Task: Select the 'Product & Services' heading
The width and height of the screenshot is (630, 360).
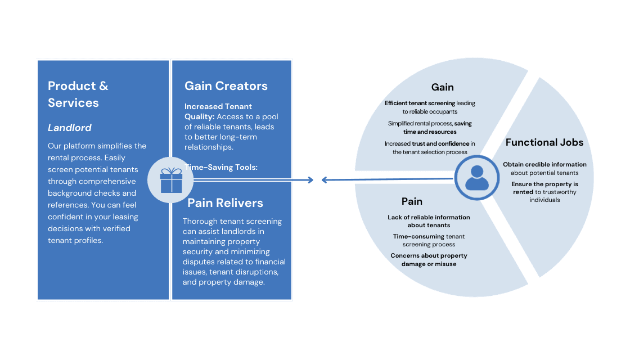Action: pos(78,94)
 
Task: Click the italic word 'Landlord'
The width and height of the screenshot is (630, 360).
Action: pos(69,128)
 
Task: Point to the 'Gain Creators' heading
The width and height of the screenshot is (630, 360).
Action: pos(226,86)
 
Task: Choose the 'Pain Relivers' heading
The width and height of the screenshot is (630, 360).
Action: pos(225,202)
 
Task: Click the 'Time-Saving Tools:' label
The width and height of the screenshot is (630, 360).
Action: pos(221,167)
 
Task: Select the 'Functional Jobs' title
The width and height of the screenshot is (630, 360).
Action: pos(544,142)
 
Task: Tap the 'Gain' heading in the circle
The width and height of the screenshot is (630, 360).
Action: pos(442,87)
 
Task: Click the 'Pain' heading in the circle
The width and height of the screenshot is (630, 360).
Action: pos(412,201)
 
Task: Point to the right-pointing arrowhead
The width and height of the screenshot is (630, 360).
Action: pos(310,180)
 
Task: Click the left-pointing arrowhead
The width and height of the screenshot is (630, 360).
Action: pos(325,180)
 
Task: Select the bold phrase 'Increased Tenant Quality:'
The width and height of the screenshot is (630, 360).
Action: pos(218,111)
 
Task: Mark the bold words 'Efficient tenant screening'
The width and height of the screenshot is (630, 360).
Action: pos(420,103)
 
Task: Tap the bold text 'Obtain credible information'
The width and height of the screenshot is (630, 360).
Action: pos(544,164)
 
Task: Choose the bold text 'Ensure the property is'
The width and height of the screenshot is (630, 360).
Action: pos(544,184)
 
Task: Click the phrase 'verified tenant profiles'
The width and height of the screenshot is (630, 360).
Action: pos(89,235)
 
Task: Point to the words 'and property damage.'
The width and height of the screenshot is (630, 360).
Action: pos(223,282)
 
